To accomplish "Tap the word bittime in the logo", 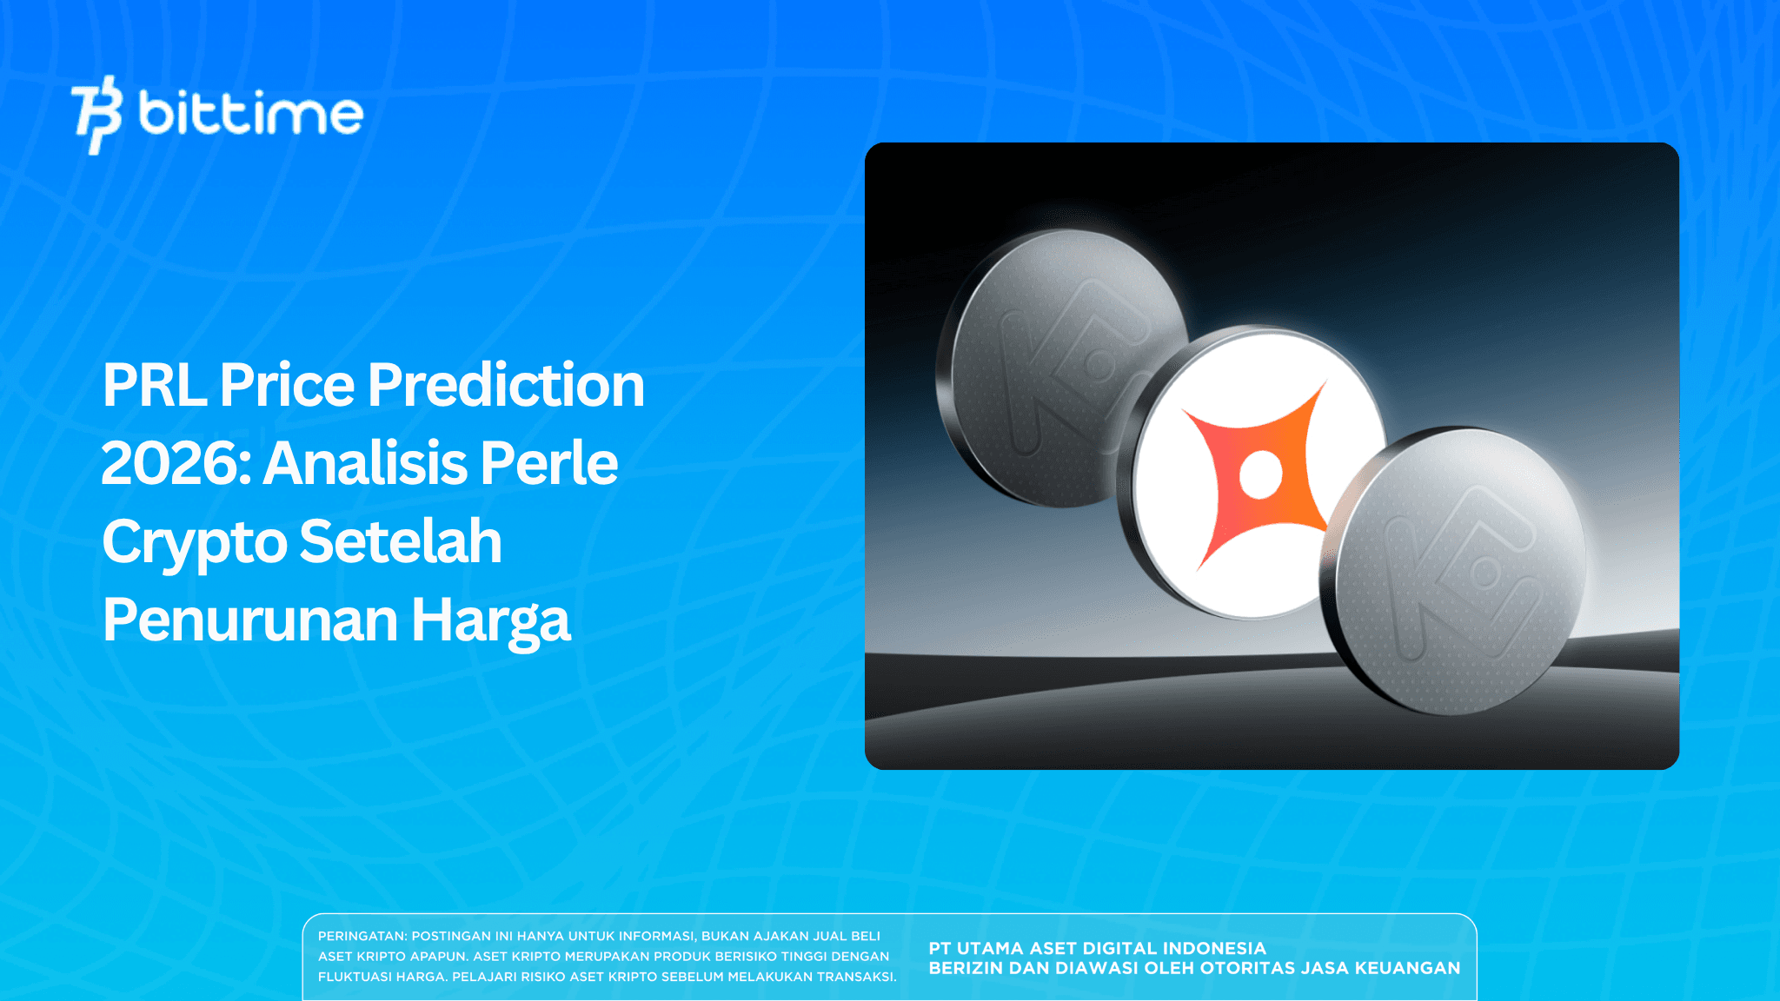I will coord(250,114).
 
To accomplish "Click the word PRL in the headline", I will coord(154,385).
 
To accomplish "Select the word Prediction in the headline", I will coord(506,385).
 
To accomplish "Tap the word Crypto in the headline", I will coord(194,542).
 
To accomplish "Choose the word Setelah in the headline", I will coord(401,542).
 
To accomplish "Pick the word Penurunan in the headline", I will coord(249,620).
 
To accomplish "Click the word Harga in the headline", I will coord(490,620).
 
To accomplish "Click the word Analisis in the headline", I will coord(365,463).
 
